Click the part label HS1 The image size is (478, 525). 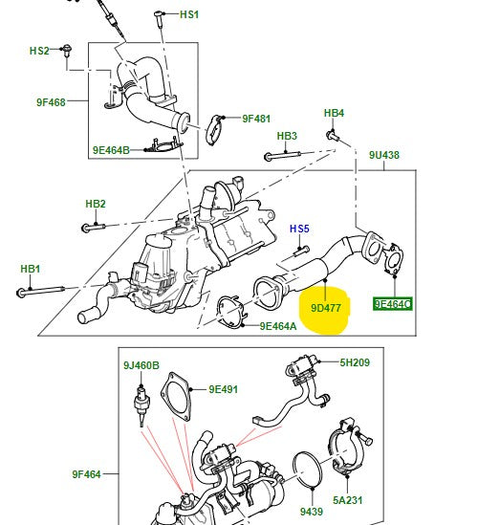(x=189, y=15)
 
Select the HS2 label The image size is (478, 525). (x=39, y=50)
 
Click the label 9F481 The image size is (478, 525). (x=257, y=119)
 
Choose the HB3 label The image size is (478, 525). (x=287, y=136)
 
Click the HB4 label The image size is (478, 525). (x=333, y=114)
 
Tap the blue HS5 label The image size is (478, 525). (x=300, y=229)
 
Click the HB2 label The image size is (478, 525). (x=95, y=204)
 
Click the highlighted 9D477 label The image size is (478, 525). (x=326, y=309)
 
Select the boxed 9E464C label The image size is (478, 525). (x=393, y=304)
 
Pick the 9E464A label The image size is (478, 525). (x=278, y=326)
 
